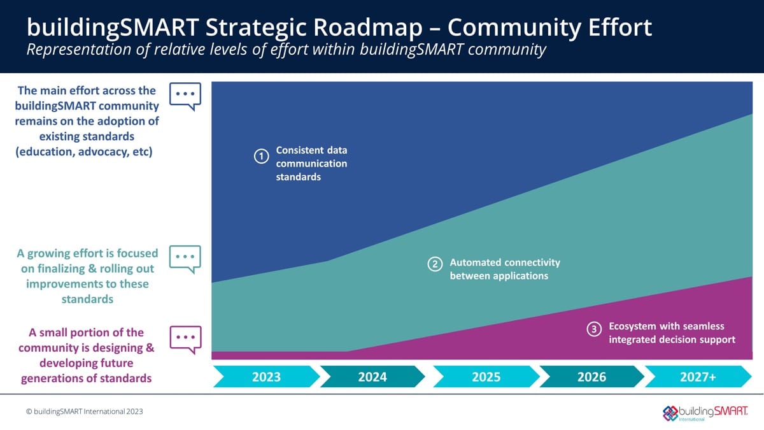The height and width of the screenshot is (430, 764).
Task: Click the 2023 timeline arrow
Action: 266,376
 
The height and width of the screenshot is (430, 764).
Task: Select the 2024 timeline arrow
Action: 372,376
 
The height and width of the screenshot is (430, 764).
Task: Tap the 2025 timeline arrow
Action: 486,376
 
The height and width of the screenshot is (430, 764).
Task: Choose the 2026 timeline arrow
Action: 591,376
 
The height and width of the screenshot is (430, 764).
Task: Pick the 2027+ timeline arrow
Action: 698,376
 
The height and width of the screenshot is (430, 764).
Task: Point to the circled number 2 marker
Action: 435,264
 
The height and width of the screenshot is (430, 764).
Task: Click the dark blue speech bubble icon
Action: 185,96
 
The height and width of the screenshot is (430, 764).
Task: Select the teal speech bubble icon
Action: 185,259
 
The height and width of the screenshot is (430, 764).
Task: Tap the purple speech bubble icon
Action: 185,339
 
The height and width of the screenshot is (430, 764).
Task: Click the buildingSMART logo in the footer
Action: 705,412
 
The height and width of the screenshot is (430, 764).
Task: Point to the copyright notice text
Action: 85,412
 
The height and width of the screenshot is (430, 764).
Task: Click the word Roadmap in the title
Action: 385,27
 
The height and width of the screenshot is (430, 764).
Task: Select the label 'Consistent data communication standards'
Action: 311,164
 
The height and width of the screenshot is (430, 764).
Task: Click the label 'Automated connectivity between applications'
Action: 505,269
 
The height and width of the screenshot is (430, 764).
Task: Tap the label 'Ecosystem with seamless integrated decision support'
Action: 672,333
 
